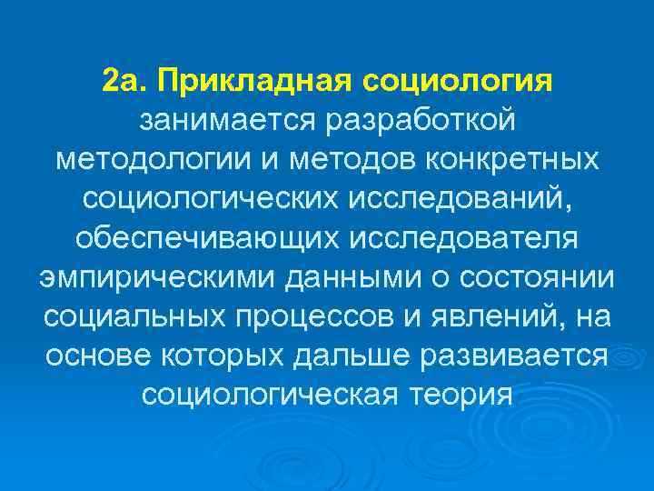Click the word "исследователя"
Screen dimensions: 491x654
coord(450,236)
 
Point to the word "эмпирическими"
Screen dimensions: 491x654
coord(159,276)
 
